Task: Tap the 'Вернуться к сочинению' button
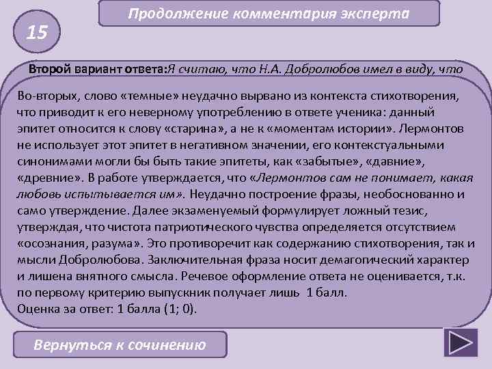coord(120,344)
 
